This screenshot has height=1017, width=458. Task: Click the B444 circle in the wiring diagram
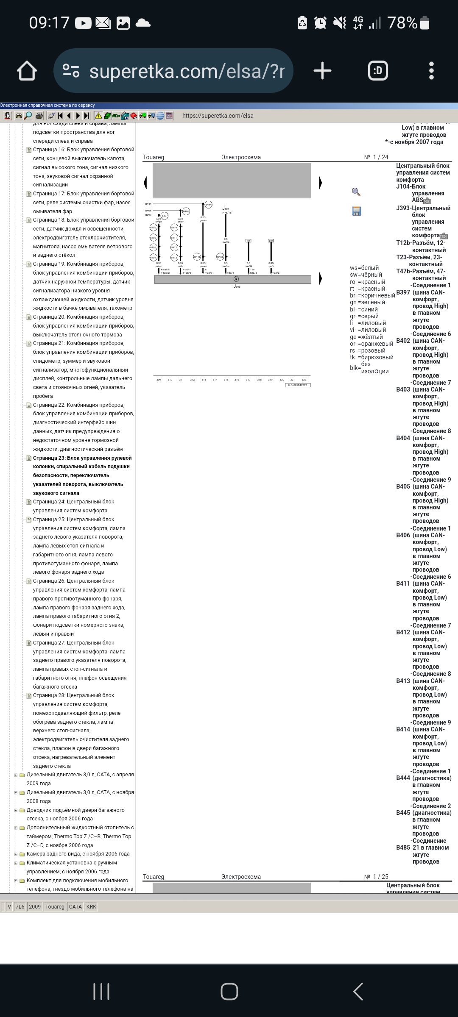(x=208, y=205)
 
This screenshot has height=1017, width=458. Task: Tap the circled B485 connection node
(x=220, y=257)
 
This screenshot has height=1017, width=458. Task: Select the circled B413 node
(x=174, y=257)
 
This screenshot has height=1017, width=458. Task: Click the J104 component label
(x=226, y=208)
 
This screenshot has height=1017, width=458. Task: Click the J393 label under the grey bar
(x=237, y=287)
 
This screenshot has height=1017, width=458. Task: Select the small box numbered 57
(x=249, y=241)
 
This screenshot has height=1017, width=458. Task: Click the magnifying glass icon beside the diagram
(x=356, y=192)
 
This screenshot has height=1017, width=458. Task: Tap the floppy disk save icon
(x=356, y=211)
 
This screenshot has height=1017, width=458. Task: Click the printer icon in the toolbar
(x=39, y=116)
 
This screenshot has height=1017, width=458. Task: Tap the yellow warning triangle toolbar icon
(x=98, y=116)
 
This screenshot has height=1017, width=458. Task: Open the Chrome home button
(x=27, y=71)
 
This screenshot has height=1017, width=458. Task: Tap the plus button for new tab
(x=322, y=71)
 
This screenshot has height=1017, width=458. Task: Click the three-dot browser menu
(x=431, y=71)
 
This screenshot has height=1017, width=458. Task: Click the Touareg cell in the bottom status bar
(x=55, y=906)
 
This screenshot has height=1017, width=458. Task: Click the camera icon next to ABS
(x=427, y=201)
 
